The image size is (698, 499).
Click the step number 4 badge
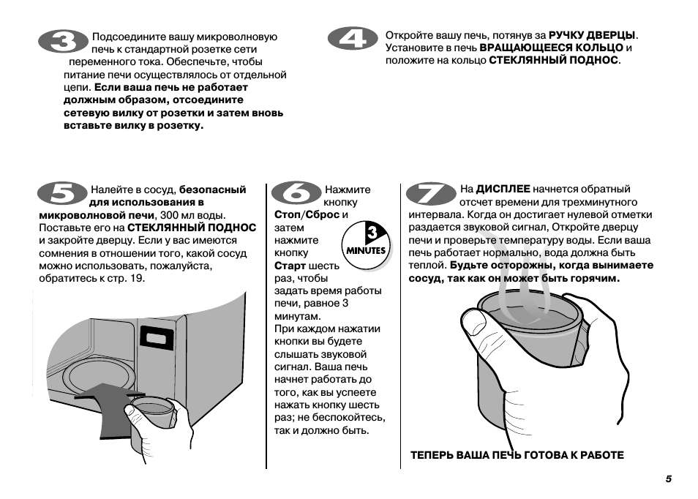[x=354, y=40]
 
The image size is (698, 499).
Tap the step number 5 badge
[x=61, y=195]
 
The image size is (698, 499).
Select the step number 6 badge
[x=296, y=194]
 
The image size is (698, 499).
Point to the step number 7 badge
[x=430, y=194]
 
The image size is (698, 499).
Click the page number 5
[x=668, y=479]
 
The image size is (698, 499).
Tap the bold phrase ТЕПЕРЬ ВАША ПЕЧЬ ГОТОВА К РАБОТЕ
[x=517, y=455]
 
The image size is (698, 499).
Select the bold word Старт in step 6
[x=290, y=266]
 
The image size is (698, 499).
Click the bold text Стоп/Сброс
[x=307, y=214]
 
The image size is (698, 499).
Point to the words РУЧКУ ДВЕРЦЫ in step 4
[x=592, y=34]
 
